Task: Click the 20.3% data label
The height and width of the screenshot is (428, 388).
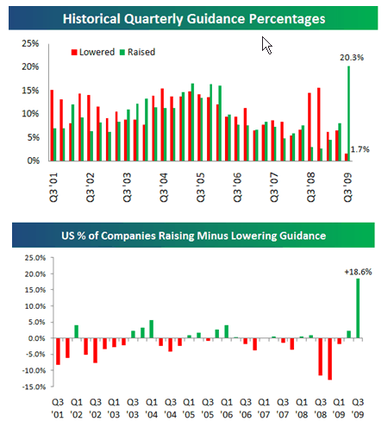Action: [352, 58]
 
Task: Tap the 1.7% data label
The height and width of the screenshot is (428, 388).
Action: [360, 149]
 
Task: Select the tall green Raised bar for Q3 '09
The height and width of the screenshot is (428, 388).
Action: [348, 113]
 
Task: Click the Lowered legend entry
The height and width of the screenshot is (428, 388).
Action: [93, 52]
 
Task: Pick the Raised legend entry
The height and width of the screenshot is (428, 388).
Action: [137, 52]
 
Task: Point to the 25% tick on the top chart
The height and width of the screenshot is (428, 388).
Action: [30, 43]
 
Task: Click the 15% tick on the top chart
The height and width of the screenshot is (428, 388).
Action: [30, 91]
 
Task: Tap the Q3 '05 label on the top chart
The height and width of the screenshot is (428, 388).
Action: [200, 187]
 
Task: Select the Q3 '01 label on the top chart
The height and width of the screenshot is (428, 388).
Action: [53, 187]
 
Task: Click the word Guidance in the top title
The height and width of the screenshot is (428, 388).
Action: [216, 19]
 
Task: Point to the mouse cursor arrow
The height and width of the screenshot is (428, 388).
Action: [266, 45]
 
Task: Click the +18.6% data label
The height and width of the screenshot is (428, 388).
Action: [358, 272]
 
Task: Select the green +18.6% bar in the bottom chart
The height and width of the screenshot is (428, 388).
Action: [358, 308]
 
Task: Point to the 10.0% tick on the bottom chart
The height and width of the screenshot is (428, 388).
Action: [35, 306]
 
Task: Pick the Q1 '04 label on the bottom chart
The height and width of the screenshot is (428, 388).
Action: [152, 408]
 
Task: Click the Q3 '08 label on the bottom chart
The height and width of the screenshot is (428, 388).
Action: [320, 408]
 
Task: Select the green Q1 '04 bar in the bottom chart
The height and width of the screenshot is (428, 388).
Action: [152, 329]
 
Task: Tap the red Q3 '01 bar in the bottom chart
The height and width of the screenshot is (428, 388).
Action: [58, 351]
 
